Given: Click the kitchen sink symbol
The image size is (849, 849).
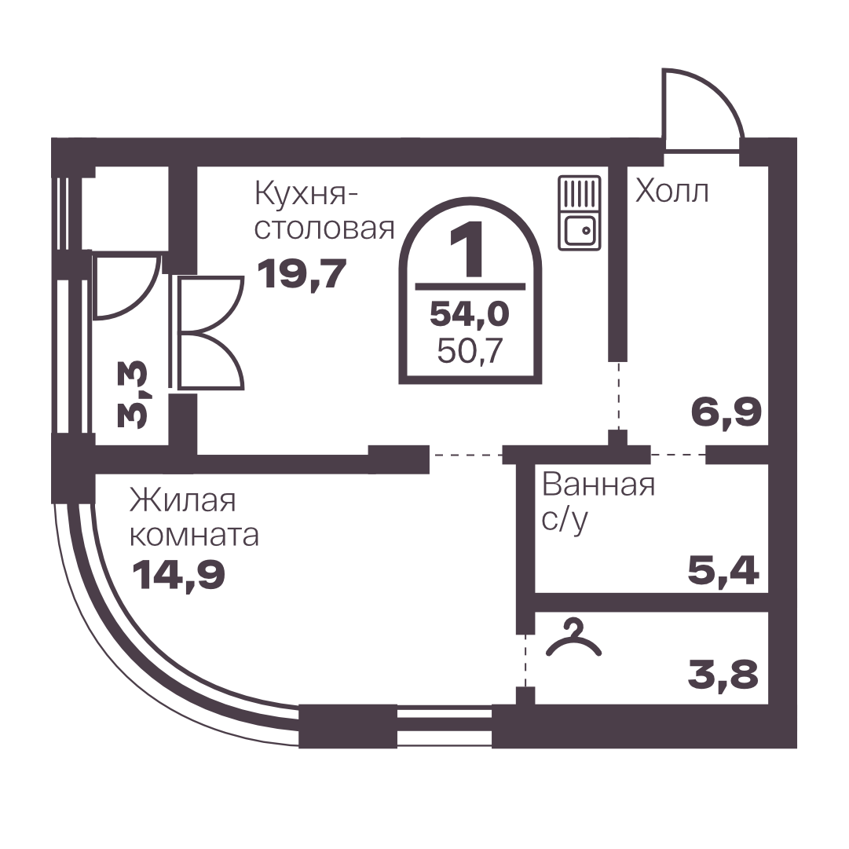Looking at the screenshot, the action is [580, 213].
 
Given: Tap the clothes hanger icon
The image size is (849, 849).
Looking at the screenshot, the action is [574, 639].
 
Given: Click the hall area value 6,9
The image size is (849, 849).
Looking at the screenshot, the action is [726, 412].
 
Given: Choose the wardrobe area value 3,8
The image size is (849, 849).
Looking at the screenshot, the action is [723, 674].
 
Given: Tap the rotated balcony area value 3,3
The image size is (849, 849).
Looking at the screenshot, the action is [132, 395].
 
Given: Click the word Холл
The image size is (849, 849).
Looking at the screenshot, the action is [672, 191].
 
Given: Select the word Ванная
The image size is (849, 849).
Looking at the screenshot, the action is [598, 485].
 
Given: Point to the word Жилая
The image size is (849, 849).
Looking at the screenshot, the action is [182, 500].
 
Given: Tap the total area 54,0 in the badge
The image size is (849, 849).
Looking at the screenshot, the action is [470, 314].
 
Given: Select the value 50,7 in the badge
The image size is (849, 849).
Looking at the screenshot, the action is [470, 351].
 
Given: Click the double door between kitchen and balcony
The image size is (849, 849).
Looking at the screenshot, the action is [210, 332].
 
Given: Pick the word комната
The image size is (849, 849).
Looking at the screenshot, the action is [194, 536].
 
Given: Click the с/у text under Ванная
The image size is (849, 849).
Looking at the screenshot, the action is [565, 521].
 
